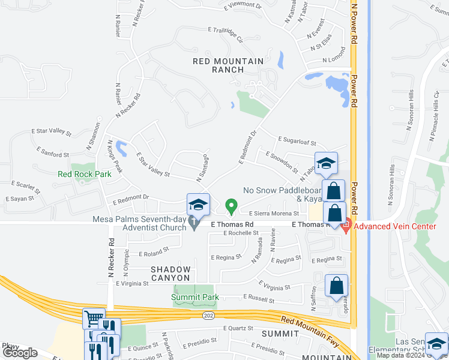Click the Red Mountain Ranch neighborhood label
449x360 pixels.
pyautogui.click(x=228, y=65)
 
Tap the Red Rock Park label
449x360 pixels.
pyautogui.click(x=85, y=175)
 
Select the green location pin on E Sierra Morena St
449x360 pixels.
pyautogui.click(x=231, y=207)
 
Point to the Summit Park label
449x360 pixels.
pyautogui.click(x=195, y=297)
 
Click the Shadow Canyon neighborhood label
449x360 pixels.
pyautogui.click(x=170, y=274)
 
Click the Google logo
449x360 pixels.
pyautogui.click(x=20, y=352)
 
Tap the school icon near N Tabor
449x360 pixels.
pyautogui.click(x=326, y=163)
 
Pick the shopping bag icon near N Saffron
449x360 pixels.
pyautogui.click(x=337, y=286)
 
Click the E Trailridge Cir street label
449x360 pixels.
pyautogui.click(x=226, y=34)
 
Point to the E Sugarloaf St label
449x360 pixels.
pyautogui.click(x=297, y=142)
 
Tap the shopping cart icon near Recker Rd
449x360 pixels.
pyautogui.click(x=94, y=319)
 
